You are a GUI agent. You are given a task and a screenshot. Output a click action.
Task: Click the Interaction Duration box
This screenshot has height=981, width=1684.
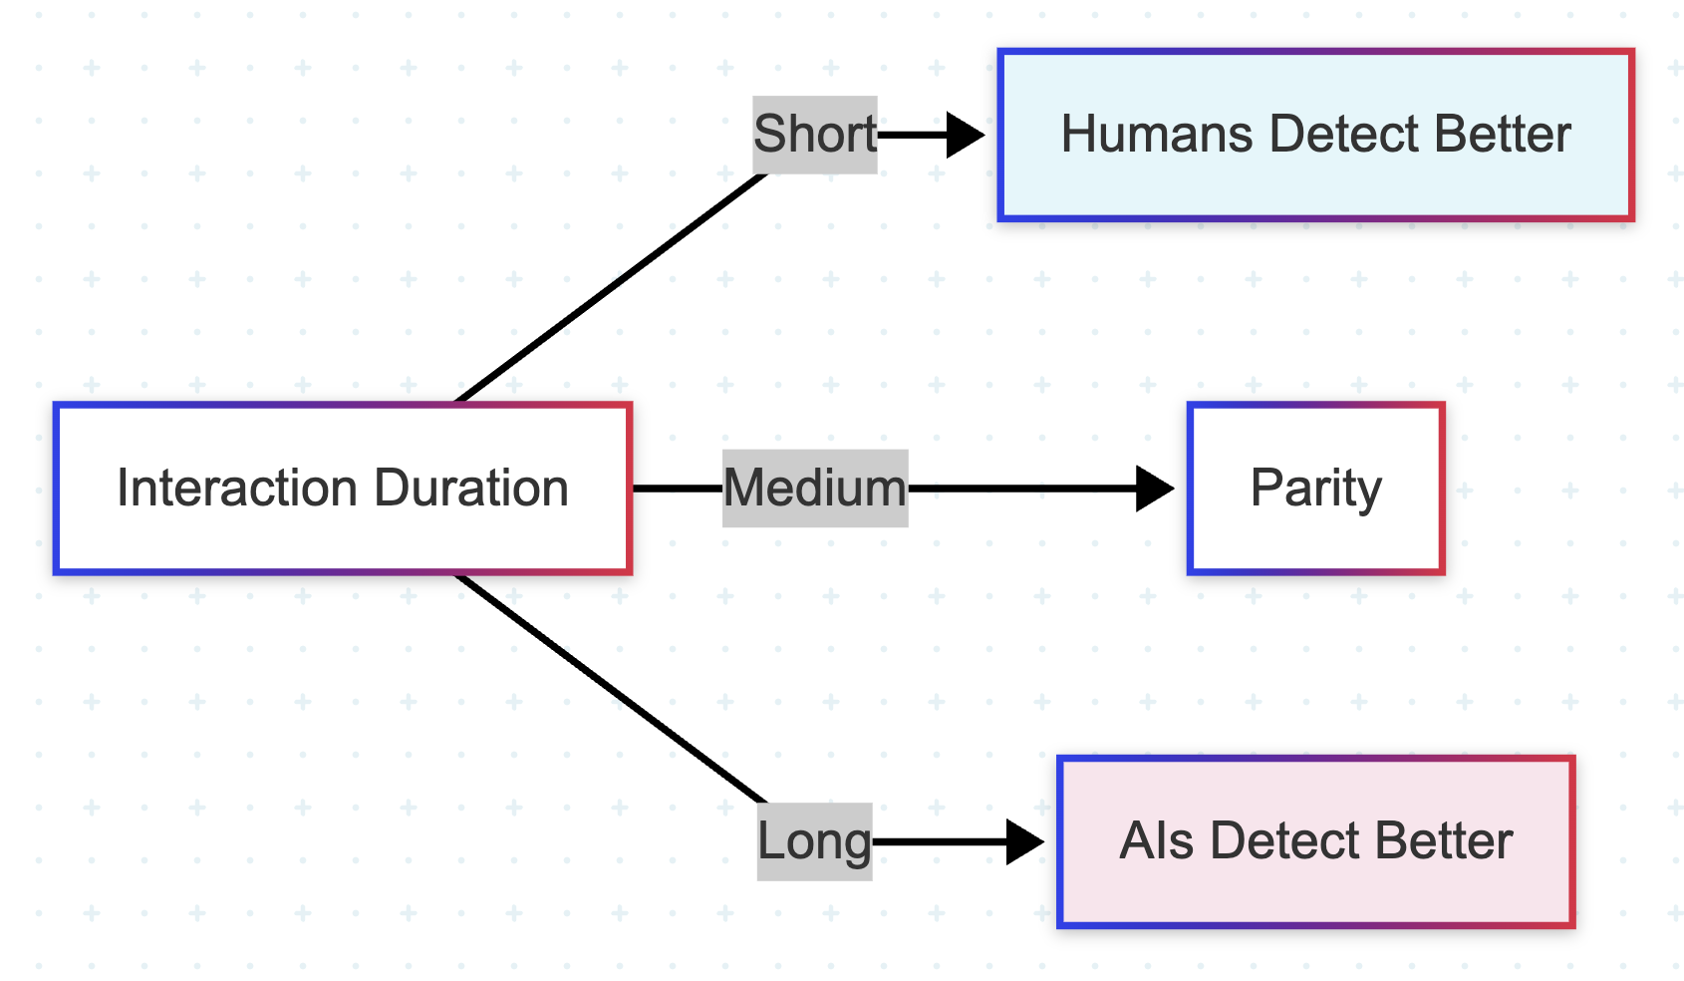pos(343,489)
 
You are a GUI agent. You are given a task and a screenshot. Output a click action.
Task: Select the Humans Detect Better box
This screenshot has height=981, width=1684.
pos(1315,136)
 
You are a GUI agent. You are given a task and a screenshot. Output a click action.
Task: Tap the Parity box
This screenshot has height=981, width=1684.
pos(1315,489)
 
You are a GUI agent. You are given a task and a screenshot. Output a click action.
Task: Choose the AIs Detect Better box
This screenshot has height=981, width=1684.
pos(1315,841)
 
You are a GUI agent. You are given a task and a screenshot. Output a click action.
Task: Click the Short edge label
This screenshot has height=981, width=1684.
pos(815,135)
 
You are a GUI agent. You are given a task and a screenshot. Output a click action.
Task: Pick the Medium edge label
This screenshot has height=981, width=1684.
pos(815,489)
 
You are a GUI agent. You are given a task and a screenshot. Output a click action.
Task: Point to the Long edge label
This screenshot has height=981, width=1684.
pos(815,841)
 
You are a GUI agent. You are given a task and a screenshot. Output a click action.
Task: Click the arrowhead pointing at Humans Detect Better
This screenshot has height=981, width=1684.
pos(966,136)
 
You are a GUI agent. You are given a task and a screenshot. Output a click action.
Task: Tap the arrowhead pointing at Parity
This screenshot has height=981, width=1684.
pos(1155,489)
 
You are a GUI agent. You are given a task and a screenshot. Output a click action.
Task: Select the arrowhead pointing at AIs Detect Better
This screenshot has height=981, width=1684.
pos(1024,841)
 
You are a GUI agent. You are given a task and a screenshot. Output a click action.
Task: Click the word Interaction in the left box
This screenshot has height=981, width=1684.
pos(237,489)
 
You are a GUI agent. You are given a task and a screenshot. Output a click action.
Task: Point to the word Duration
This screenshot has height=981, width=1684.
pos(471,489)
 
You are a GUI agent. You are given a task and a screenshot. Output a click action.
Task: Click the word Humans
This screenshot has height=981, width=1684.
pos(1157,135)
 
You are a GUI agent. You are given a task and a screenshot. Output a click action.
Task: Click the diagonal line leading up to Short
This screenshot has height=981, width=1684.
pos(611,287)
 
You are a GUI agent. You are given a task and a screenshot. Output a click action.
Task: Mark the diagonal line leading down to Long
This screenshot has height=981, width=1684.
pos(611,689)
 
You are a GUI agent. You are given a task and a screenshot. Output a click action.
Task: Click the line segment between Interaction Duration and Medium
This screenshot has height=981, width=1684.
pos(678,489)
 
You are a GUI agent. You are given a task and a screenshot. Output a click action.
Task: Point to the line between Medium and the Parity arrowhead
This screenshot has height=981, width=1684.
pos(1022,489)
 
